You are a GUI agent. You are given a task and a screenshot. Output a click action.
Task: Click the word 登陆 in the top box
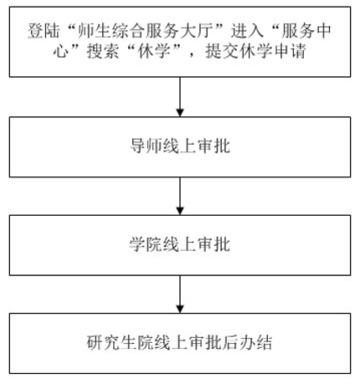(x=44, y=31)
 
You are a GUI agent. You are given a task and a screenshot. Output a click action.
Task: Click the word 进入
(x=247, y=31)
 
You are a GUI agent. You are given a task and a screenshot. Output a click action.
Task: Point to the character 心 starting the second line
(x=61, y=51)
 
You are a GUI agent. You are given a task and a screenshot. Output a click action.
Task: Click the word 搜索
(x=103, y=51)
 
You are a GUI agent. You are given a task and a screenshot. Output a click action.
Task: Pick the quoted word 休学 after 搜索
(x=154, y=51)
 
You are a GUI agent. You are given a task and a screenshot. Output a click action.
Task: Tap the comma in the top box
(x=191, y=55)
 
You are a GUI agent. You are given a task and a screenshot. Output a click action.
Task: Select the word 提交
(x=222, y=51)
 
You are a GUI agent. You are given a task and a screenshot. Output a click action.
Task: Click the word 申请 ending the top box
(x=290, y=51)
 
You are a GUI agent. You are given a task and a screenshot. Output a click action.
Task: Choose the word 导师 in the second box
(x=146, y=146)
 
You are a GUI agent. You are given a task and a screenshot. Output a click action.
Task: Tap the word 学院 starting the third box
(x=146, y=244)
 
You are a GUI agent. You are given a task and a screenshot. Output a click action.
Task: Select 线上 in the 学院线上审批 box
(x=180, y=244)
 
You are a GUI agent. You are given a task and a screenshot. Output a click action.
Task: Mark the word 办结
(x=255, y=342)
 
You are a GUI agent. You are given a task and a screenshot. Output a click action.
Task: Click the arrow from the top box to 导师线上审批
(x=180, y=97)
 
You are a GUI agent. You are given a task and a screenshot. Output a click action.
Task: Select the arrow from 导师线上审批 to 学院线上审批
(x=180, y=196)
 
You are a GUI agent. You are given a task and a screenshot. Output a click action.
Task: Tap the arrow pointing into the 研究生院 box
(x=180, y=294)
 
